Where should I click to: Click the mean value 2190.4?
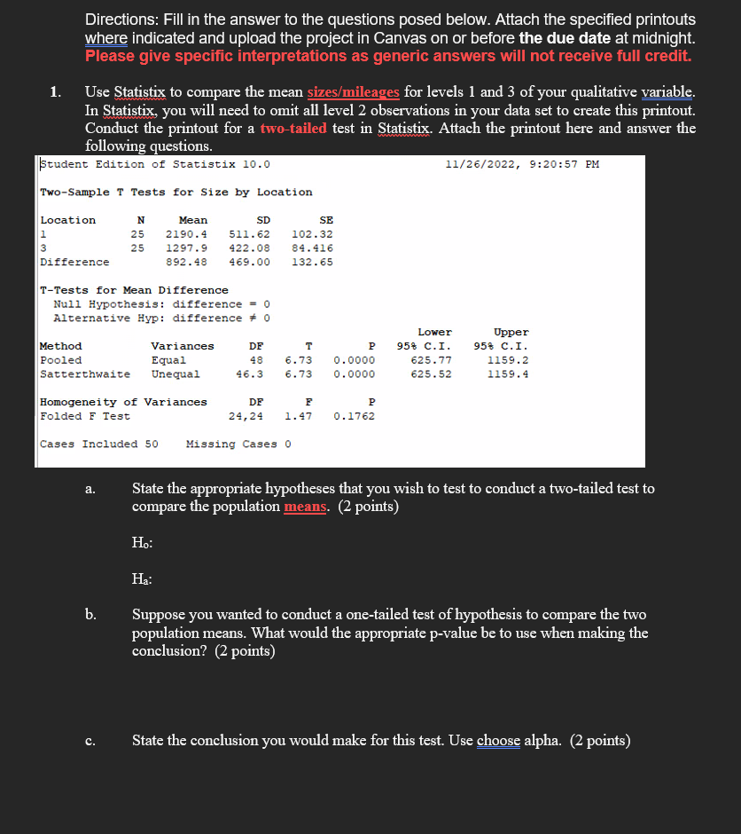coord(186,233)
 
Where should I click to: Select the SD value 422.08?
coord(250,248)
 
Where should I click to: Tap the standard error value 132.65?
coord(313,262)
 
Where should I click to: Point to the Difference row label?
coord(75,262)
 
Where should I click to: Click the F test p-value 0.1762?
coord(354,416)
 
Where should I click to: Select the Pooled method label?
coord(61,360)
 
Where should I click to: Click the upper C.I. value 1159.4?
coord(508,374)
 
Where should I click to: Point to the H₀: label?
coord(141,543)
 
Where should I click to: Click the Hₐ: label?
coord(141,579)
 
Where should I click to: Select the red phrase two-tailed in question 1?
coord(293,128)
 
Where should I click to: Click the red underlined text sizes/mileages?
coord(354,92)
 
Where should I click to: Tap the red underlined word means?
coord(308,507)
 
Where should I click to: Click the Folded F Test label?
coord(85,416)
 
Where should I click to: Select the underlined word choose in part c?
coord(498,741)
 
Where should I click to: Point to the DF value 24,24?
coord(246,416)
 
